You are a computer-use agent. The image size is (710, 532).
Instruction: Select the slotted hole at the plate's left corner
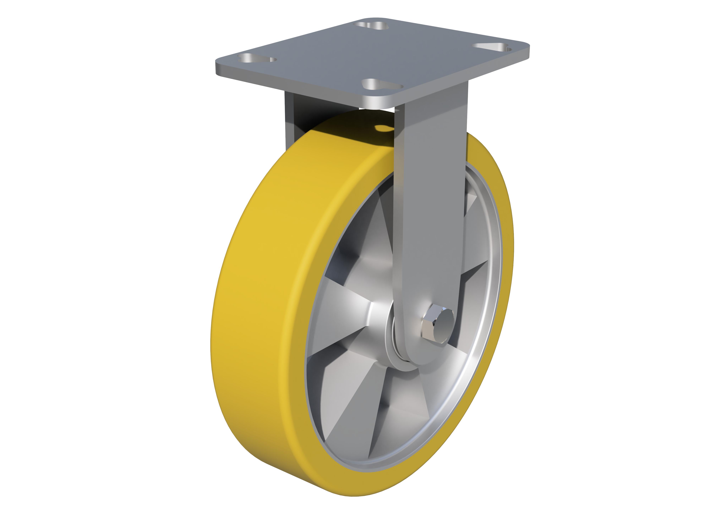tap(257, 59)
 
